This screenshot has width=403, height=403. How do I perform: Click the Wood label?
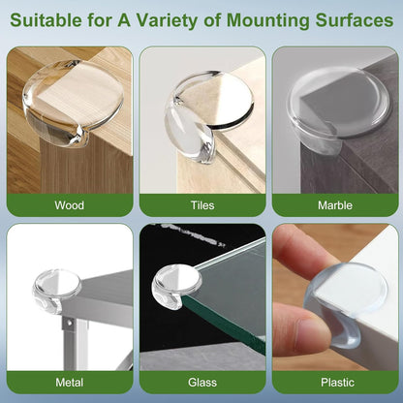[70, 205]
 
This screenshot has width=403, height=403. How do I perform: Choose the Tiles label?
[201, 205]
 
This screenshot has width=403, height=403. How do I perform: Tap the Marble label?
[334, 205]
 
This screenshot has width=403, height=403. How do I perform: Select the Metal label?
[70, 383]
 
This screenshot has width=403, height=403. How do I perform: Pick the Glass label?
[201, 383]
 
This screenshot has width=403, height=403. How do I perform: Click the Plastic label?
[334, 383]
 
